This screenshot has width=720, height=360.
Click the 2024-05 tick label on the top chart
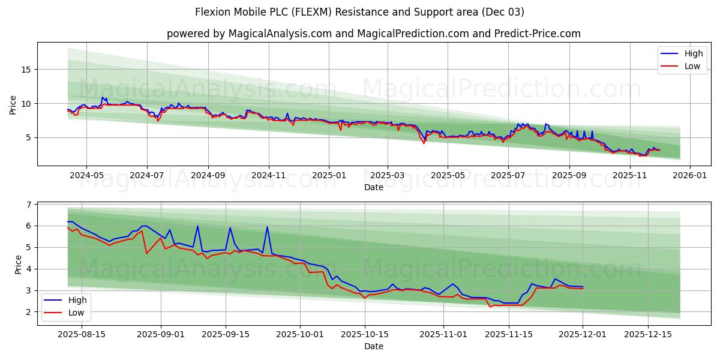[x=86, y=176]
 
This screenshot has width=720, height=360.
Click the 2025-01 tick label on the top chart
[x=329, y=176]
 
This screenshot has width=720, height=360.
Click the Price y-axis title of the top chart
[x=13, y=104]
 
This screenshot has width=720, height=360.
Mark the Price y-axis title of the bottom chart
[x=18, y=263]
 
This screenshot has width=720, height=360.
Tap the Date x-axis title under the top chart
[x=374, y=187]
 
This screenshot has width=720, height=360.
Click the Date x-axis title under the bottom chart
[x=374, y=347]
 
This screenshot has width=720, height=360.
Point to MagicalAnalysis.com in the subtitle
[x=280, y=34]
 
